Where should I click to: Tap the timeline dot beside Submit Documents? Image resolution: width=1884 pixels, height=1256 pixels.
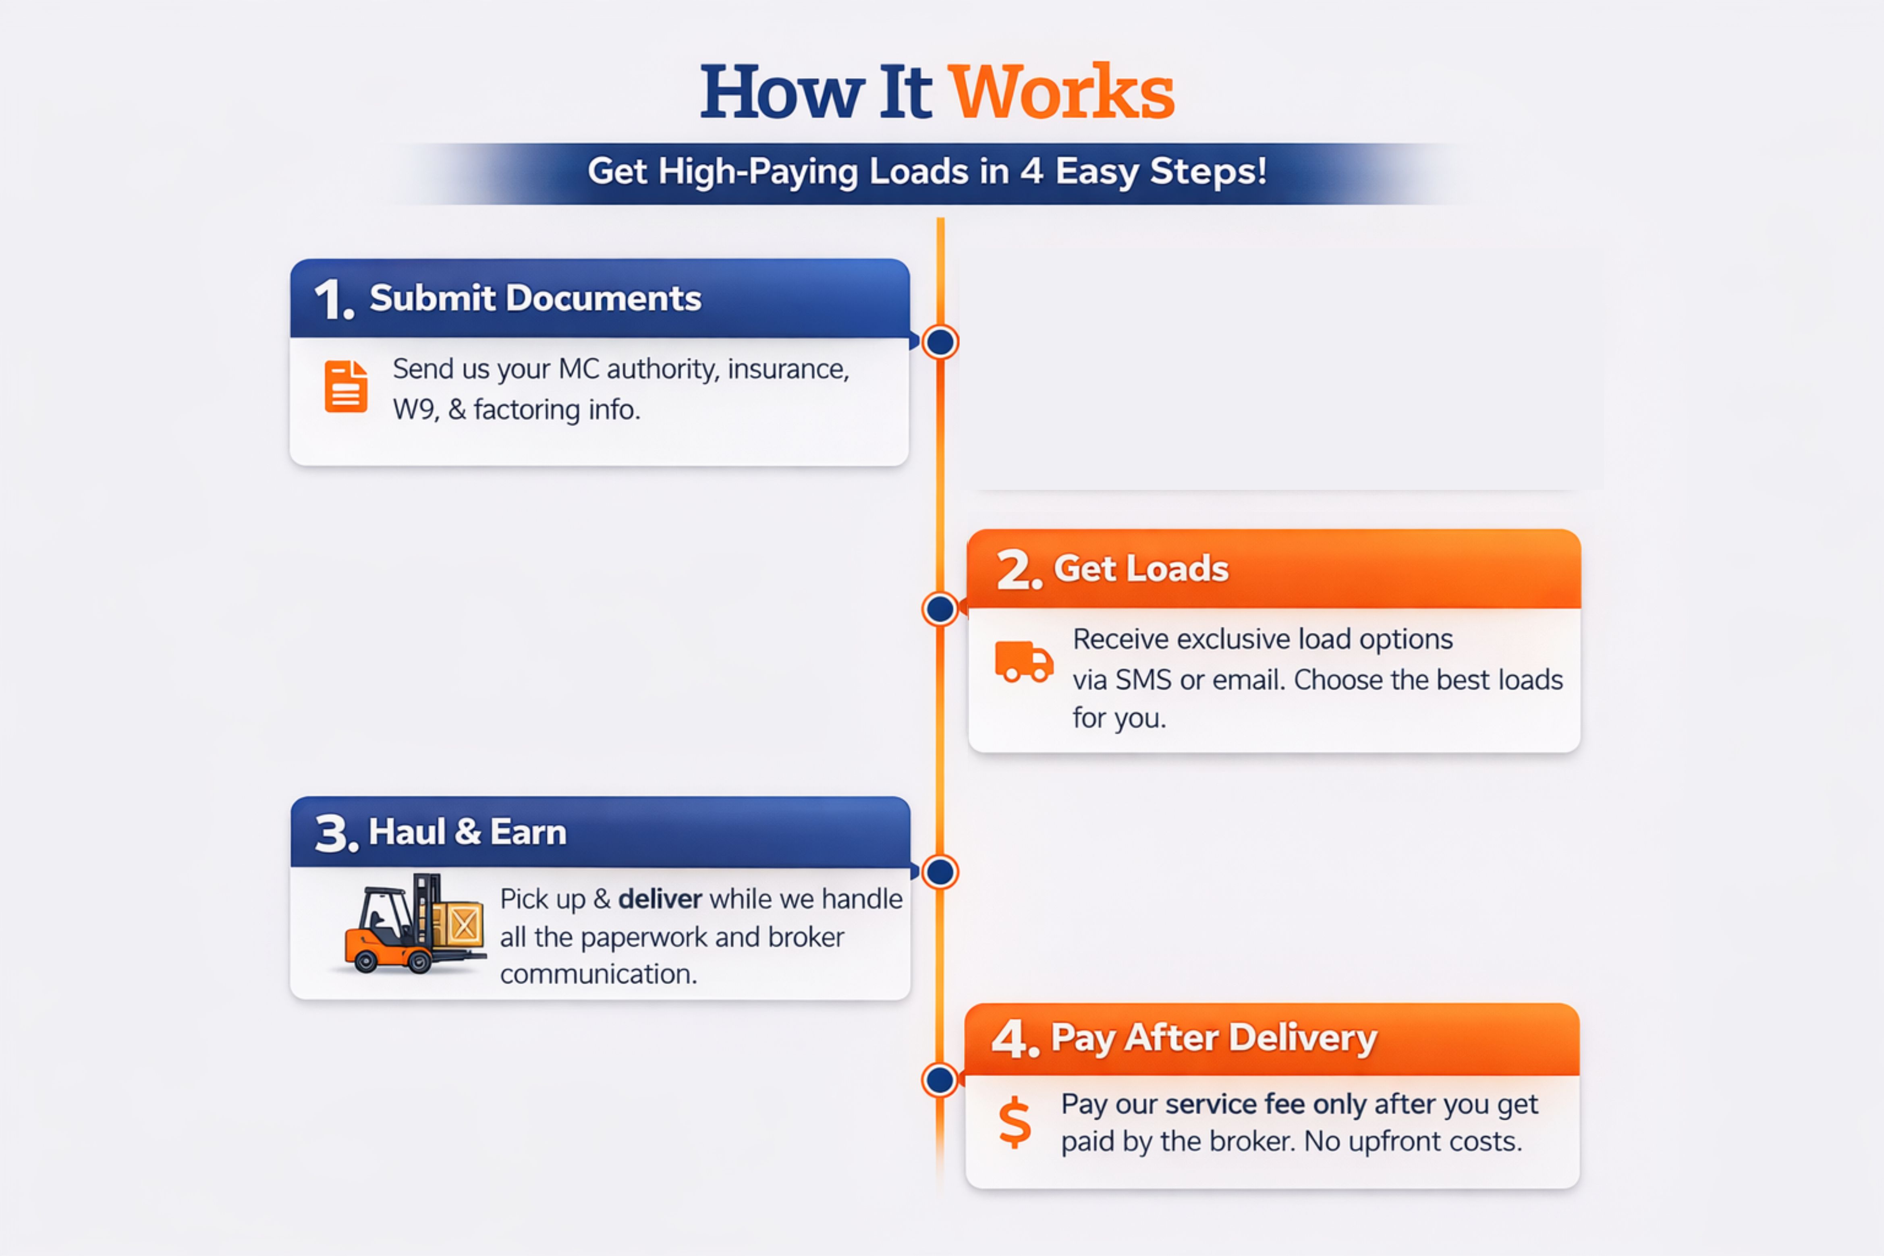tap(940, 342)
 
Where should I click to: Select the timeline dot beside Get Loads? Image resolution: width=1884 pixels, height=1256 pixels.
tap(940, 609)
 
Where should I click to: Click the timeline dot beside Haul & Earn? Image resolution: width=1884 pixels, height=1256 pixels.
tap(940, 872)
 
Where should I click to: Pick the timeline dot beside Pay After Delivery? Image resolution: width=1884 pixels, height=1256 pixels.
tap(940, 1080)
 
